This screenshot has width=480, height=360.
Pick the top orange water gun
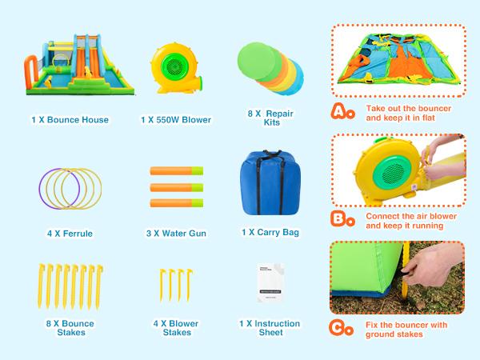pos(176,171)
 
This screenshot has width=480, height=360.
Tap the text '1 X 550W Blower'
pos(176,120)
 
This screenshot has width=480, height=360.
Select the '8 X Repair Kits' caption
pos(270,119)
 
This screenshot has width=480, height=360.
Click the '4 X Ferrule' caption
pos(70,234)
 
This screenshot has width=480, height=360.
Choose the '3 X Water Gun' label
pos(176,234)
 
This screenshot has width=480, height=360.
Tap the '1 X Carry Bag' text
pos(270,233)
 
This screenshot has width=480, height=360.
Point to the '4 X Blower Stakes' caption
pos(176,328)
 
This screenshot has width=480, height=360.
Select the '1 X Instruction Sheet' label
pos(270,328)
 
